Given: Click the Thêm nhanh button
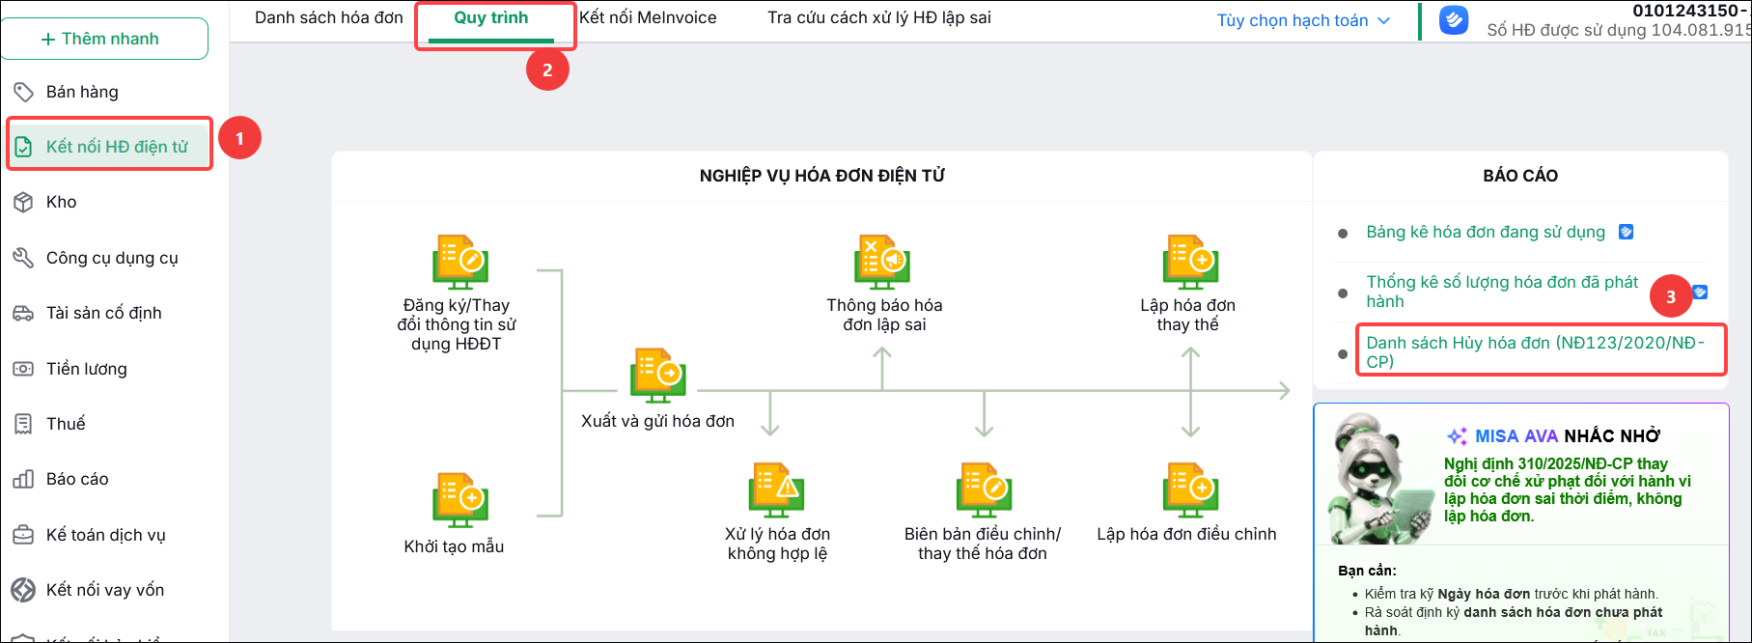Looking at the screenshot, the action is coord(104,39).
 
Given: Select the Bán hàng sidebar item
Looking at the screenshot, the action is coord(82,92).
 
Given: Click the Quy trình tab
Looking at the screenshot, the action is coord(491,17).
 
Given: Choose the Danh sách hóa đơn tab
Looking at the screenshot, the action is coord(329,17).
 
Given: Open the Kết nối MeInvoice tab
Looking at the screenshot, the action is coord(648,17).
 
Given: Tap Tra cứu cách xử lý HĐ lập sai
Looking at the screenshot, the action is coord(879,17).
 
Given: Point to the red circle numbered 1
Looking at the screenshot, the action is coord(239,138).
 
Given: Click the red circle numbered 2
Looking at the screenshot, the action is coord(547,70).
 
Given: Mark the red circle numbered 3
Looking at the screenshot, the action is coord(1671,296).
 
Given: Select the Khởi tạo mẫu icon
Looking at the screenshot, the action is coord(459,500).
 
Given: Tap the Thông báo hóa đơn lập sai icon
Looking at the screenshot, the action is coord(882,262).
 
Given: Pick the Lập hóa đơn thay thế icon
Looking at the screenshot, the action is coord(1191,262).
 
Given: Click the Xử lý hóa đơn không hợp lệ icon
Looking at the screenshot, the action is coord(777,490).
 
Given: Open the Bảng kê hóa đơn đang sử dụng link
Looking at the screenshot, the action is coord(1486,232).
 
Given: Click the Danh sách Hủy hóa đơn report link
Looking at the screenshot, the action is coord(1536,351).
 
